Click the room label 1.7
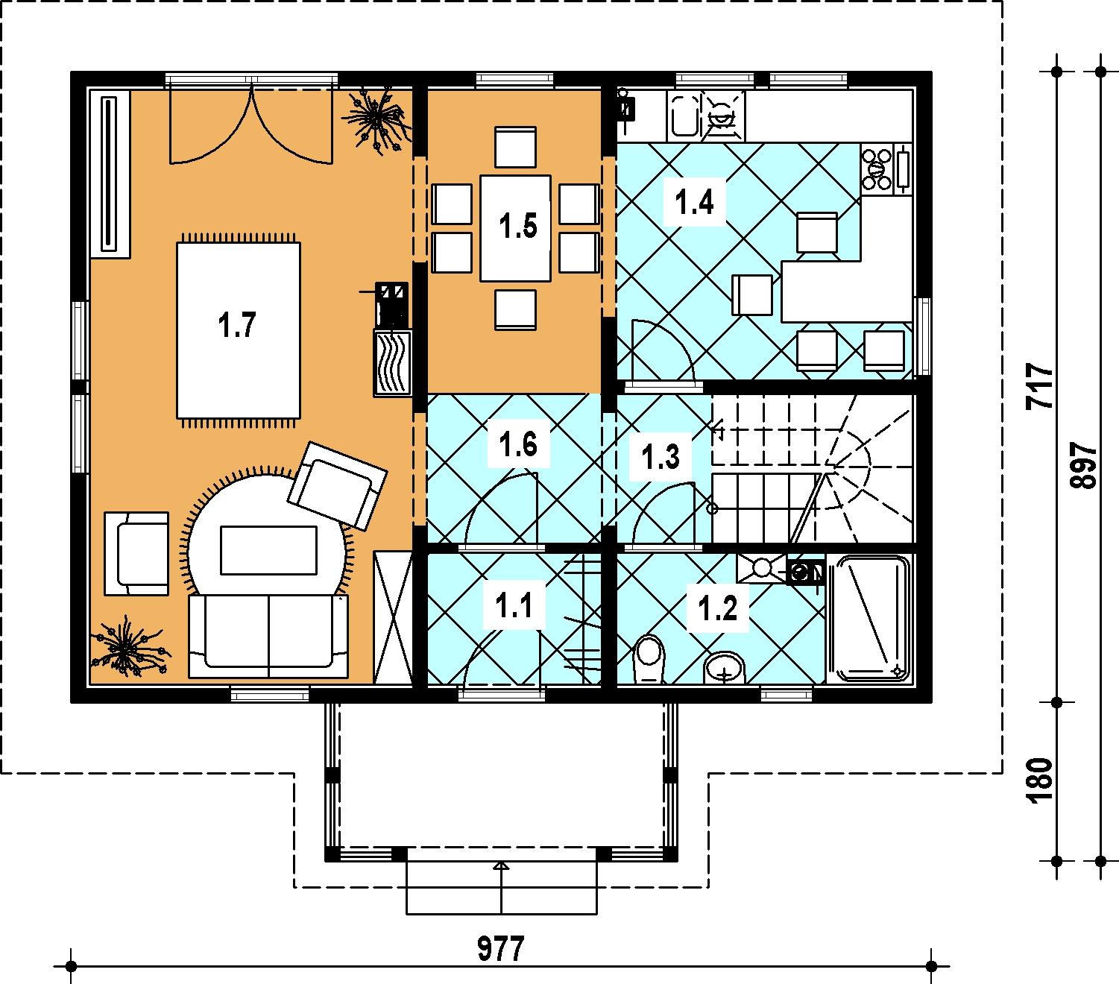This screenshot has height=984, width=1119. [237, 325]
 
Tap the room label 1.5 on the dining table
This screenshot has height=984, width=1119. [518, 226]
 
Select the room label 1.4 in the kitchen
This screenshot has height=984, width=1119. [694, 201]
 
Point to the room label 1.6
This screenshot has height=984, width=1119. [518, 444]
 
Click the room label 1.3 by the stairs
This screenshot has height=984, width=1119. [661, 457]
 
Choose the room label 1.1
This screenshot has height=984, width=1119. [514, 605]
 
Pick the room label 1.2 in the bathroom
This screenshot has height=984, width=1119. [717, 608]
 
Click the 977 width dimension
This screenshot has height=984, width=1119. [500, 949]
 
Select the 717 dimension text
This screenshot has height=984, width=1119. [1038, 386]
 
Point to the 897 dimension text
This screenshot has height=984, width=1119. [1082, 465]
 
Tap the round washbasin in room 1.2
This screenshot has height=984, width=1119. [724, 667]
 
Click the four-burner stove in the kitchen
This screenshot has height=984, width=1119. [877, 168]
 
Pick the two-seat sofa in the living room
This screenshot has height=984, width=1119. [268, 636]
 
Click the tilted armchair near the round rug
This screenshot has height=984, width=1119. [338, 486]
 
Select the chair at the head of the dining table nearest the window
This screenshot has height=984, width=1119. [515, 147]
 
